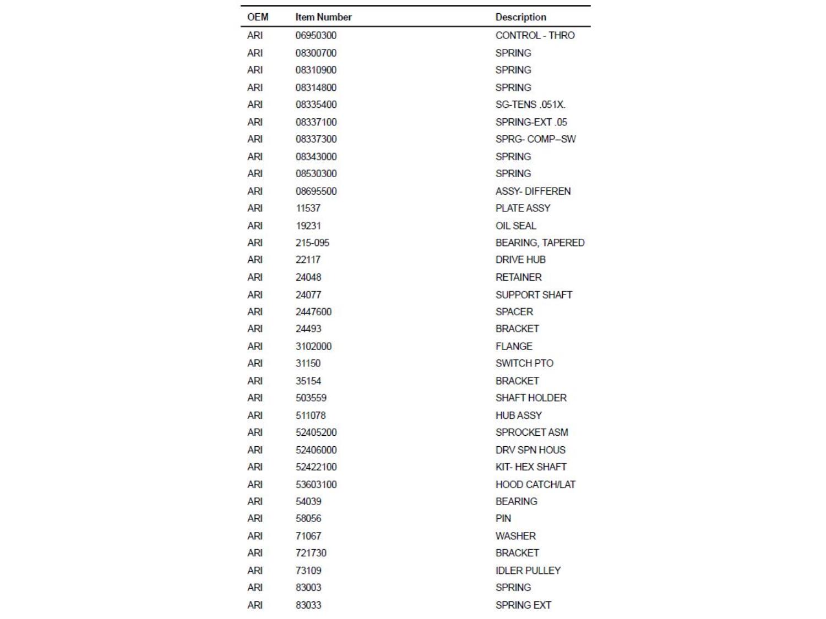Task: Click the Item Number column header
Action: pyautogui.click(x=323, y=17)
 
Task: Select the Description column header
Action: pyautogui.click(x=520, y=17)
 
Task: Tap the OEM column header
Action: pyautogui.click(x=258, y=17)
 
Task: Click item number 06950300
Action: pyautogui.click(x=316, y=35)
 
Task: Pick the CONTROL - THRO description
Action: pyautogui.click(x=535, y=35)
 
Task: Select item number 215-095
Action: pyautogui.click(x=312, y=243)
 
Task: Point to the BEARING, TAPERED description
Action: pyautogui.click(x=540, y=243)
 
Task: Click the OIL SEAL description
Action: pyautogui.click(x=515, y=226)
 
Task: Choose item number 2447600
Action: pyautogui.click(x=313, y=311)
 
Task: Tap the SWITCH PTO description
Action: pyautogui.click(x=524, y=363)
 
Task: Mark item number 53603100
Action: pyautogui.click(x=316, y=484)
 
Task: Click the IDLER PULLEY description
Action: pyautogui.click(x=528, y=571)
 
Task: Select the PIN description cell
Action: pyautogui.click(x=503, y=518)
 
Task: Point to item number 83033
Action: pyautogui.click(x=308, y=605)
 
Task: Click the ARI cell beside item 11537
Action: pyautogui.click(x=255, y=208)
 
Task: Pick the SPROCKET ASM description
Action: pyautogui.click(x=531, y=432)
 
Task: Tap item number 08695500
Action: pyautogui.click(x=316, y=191)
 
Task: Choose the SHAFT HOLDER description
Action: pyautogui.click(x=531, y=398)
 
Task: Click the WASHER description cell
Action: pyautogui.click(x=515, y=536)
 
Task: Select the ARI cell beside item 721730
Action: pyautogui.click(x=255, y=553)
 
